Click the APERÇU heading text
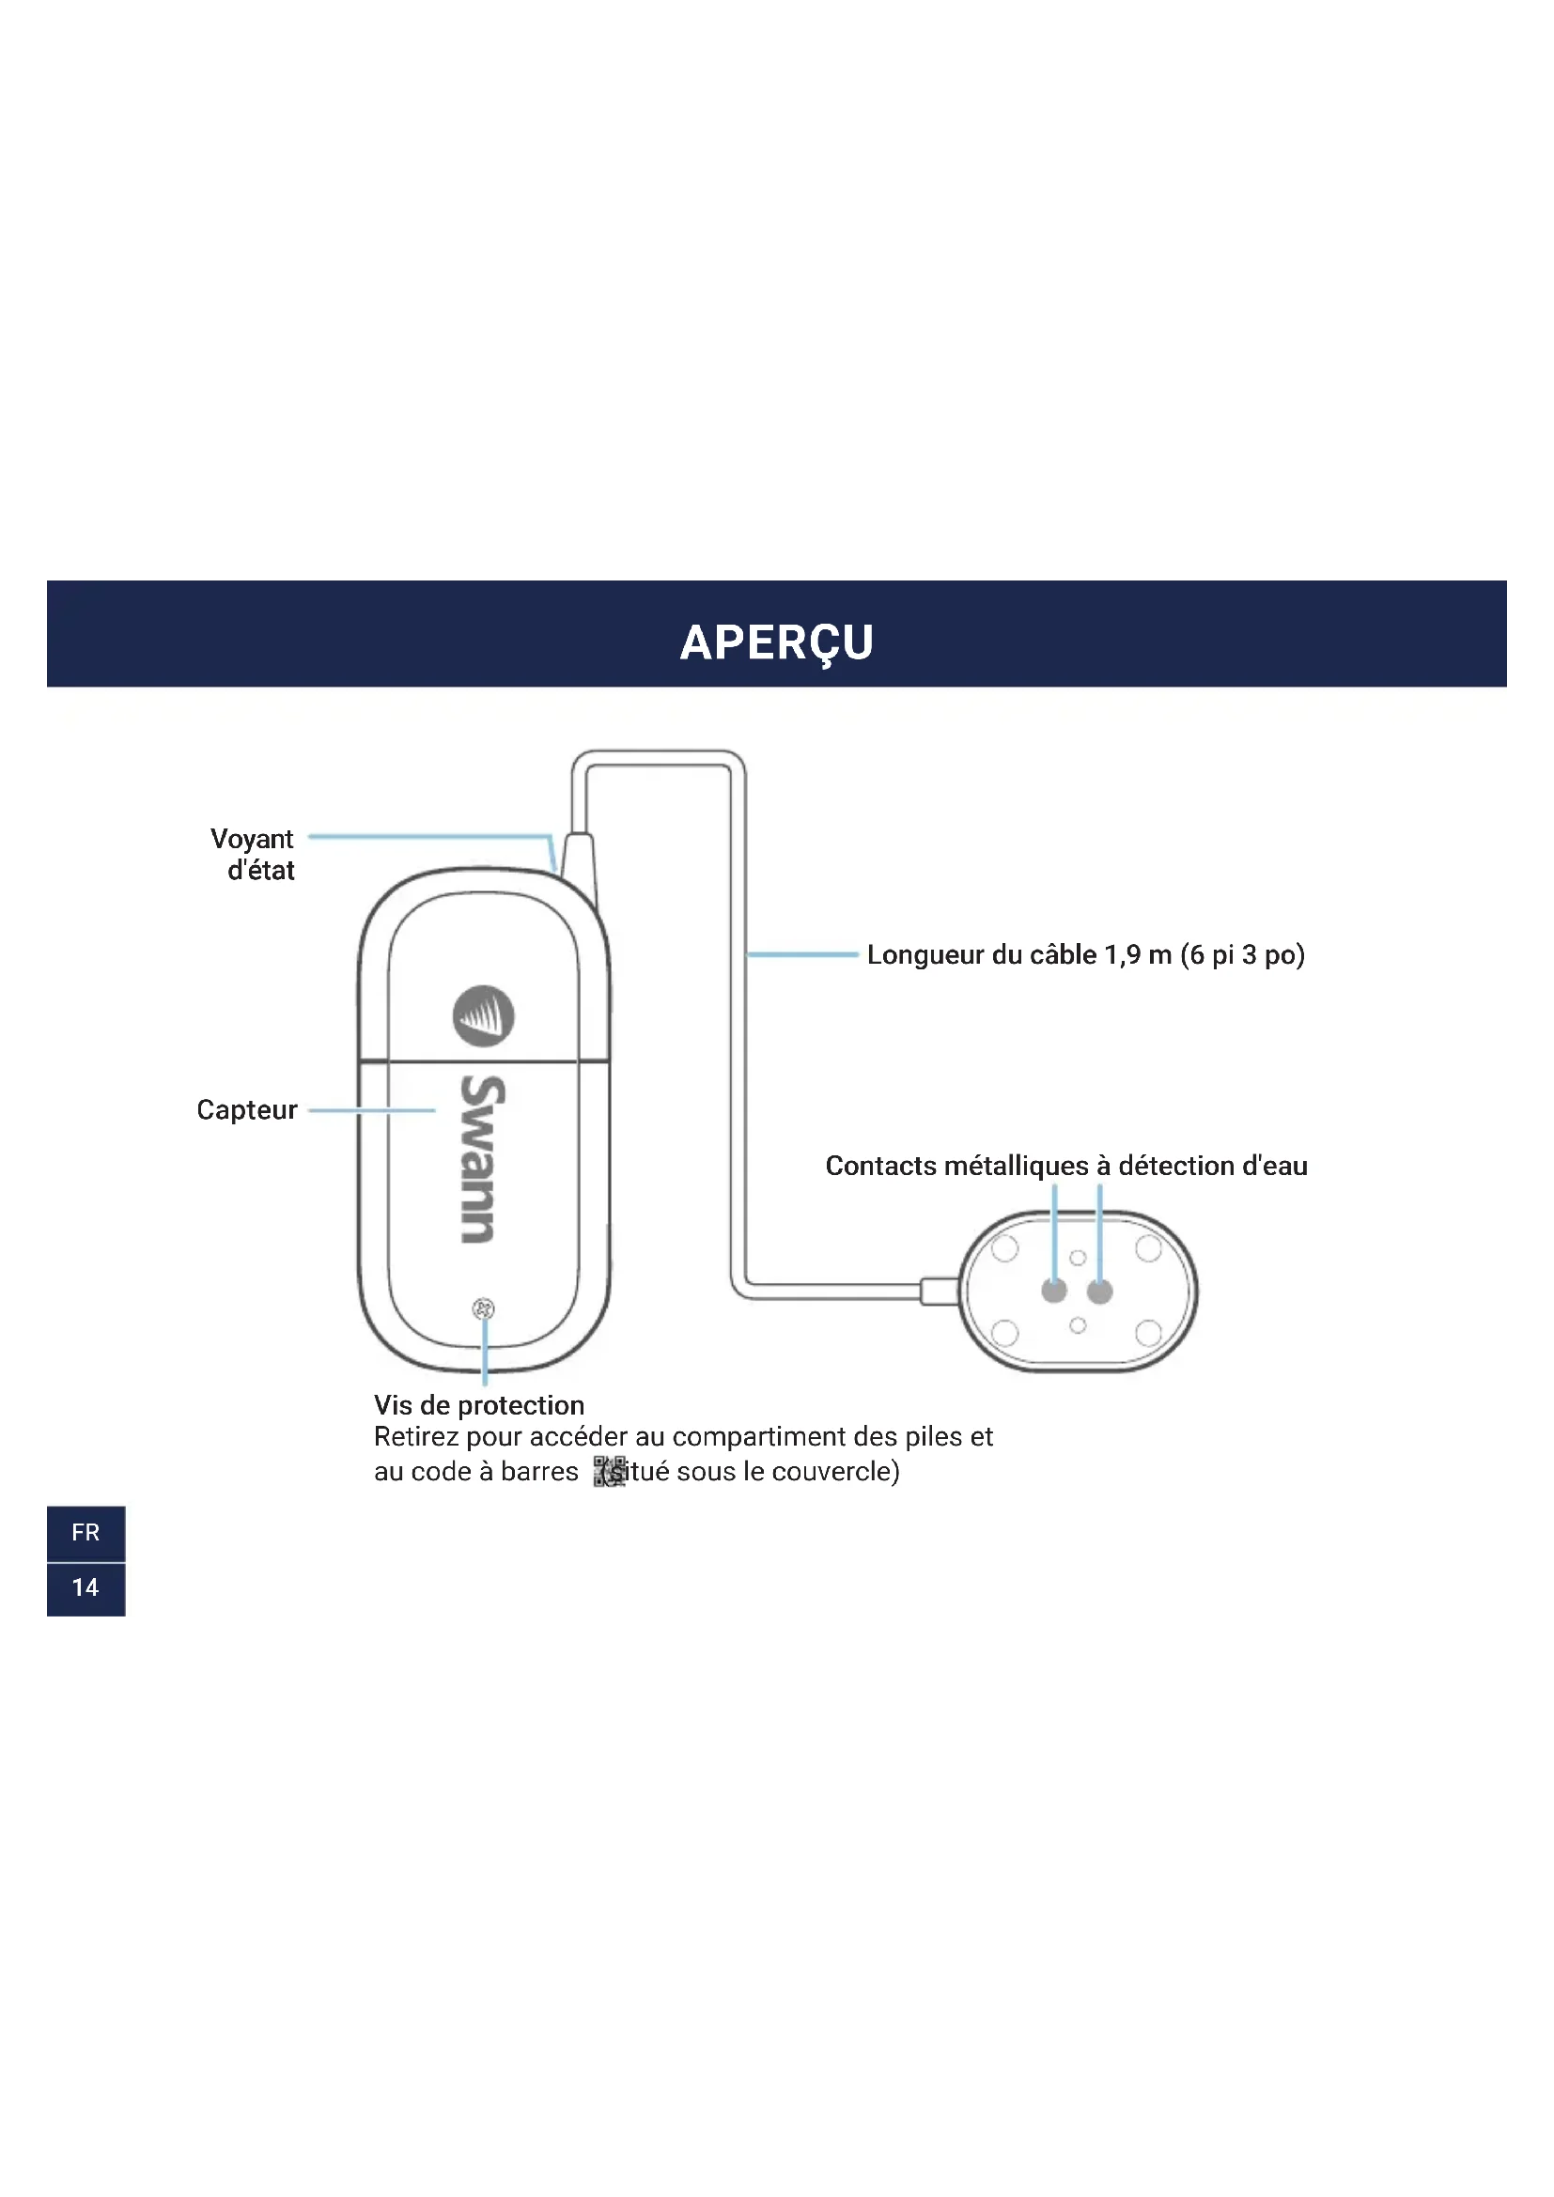pos(776,642)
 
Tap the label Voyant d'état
pos(253,855)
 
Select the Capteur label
pos(247,1110)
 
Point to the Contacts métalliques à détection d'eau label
pos(1066,1166)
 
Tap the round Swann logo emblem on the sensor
pos(483,1016)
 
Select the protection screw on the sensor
pos(483,1308)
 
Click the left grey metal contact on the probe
pos(1053,1291)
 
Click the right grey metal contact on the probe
pos(1099,1291)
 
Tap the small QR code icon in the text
pos(609,1472)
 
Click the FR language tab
pos(85,1533)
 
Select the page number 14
pos(85,1587)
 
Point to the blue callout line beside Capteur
pos(371,1111)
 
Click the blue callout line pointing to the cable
pos(801,955)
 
